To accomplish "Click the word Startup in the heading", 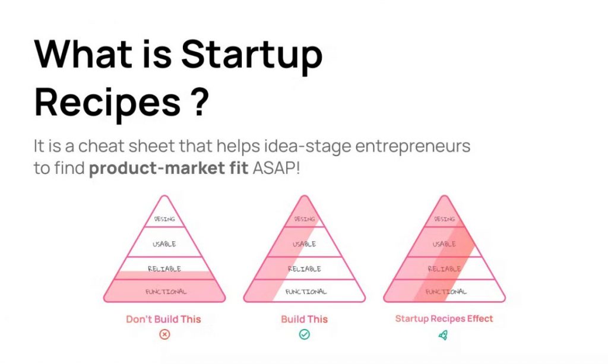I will click(x=251, y=55).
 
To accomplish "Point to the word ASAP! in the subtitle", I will click(x=277, y=168).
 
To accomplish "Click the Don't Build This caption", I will click(x=163, y=319).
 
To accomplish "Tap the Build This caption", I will click(x=304, y=319).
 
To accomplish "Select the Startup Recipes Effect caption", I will click(x=444, y=318).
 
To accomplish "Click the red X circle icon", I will click(x=164, y=335).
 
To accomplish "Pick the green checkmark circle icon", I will click(x=304, y=335).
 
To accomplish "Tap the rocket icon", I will click(x=443, y=335).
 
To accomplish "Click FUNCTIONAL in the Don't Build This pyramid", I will click(x=164, y=292).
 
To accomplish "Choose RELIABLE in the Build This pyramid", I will click(x=304, y=269).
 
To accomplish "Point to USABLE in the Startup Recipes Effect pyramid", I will click(x=444, y=244).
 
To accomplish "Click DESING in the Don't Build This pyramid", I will click(x=164, y=219).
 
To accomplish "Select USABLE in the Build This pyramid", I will click(x=304, y=244).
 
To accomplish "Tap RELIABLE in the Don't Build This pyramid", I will click(x=164, y=269).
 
